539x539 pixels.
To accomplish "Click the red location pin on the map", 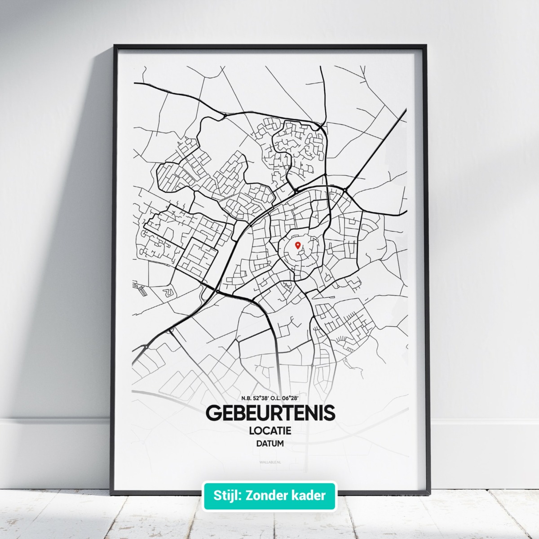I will pos(297,245).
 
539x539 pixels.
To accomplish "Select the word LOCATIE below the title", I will pos(270,430).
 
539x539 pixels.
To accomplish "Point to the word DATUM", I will pos(270,443).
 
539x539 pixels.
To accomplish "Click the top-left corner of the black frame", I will pos(115,46).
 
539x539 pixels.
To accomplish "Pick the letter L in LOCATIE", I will pos(251,430).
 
